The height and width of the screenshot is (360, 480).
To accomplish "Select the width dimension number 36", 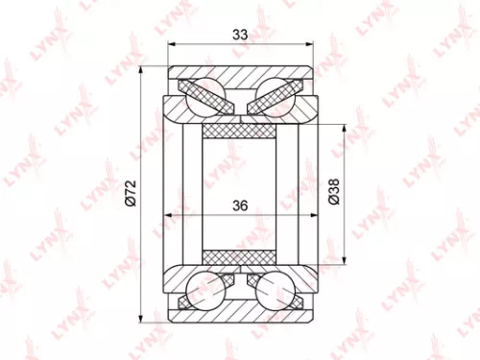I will [240, 204].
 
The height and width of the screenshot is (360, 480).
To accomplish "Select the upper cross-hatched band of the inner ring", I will [240, 131].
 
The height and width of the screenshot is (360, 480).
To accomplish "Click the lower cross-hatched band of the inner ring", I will [240, 256].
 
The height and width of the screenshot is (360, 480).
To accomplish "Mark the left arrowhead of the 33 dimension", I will [170, 44].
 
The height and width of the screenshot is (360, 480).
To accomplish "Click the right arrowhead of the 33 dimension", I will [310, 44].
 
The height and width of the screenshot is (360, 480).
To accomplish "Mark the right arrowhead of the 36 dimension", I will [309, 215].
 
